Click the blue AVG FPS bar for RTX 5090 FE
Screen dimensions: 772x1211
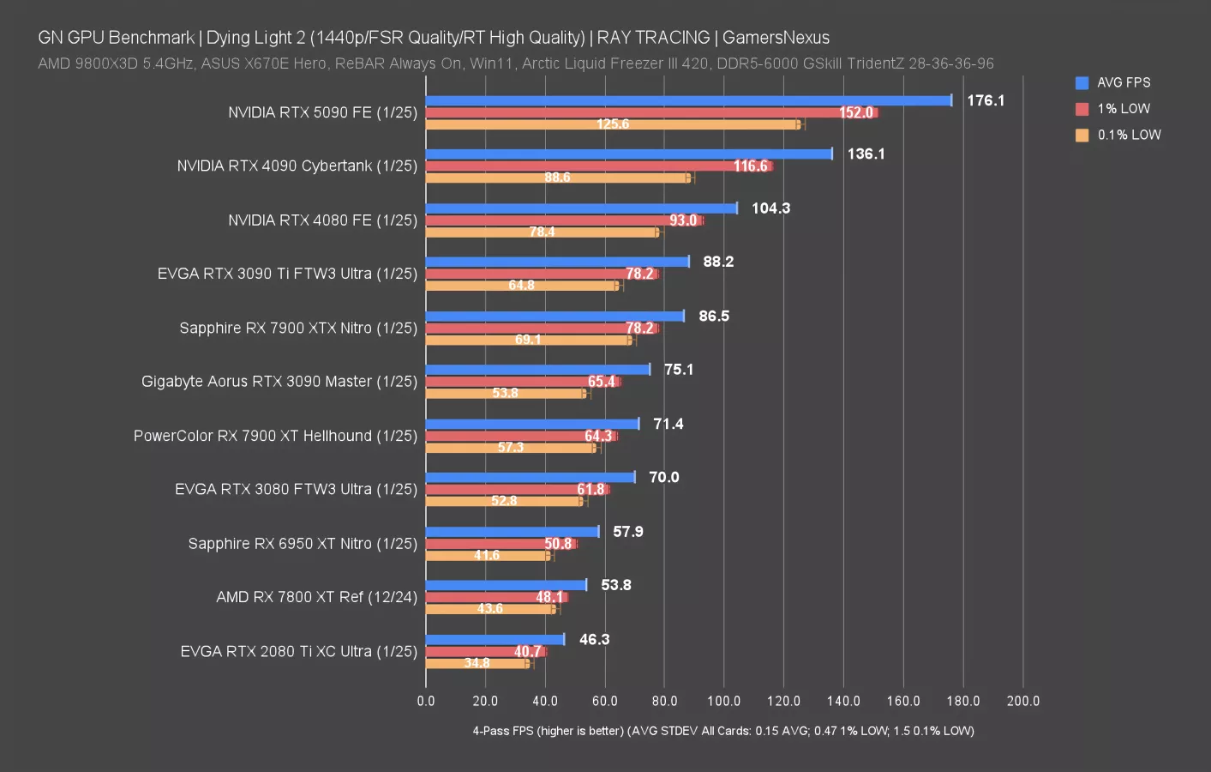click(x=688, y=100)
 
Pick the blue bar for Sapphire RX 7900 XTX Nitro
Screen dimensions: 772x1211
click(x=555, y=316)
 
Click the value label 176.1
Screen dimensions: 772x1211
click(x=986, y=100)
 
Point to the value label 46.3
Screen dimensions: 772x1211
click(x=594, y=639)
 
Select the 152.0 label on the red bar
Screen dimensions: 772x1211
click(x=855, y=112)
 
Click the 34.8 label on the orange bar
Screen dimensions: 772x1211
click(x=477, y=663)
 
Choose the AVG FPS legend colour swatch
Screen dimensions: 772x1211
click(x=1082, y=82)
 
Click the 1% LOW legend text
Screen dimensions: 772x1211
click(x=1124, y=109)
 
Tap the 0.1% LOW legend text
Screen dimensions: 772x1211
click(x=1129, y=135)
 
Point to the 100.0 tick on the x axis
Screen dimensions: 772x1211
click(x=723, y=701)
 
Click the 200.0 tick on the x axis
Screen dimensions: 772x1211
click(x=1022, y=701)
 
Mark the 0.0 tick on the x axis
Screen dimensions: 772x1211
click(x=426, y=701)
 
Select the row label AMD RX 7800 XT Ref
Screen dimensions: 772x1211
click(x=316, y=597)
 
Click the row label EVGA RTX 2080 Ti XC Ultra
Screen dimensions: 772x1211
click(x=298, y=651)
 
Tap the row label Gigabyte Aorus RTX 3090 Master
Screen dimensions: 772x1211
click(x=279, y=381)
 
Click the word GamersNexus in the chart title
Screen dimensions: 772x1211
click(x=776, y=38)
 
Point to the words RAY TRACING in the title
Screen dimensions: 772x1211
click(x=653, y=38)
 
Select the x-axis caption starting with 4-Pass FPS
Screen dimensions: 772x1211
click(x=722, y=731)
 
